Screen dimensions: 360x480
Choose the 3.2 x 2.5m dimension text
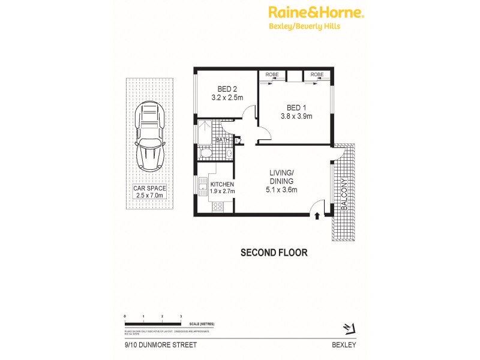(227, 97)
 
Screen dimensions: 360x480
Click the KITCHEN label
(222, 184)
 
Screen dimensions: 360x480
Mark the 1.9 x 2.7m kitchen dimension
(222, 191)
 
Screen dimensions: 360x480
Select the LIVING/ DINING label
(281, 176)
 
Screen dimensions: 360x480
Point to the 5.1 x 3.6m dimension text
(281, 190)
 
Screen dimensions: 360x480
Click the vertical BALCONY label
(344, 194)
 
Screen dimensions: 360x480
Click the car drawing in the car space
(149, 136)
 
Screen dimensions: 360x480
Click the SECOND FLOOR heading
(274, 253)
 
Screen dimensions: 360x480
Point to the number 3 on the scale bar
(181, 316)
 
